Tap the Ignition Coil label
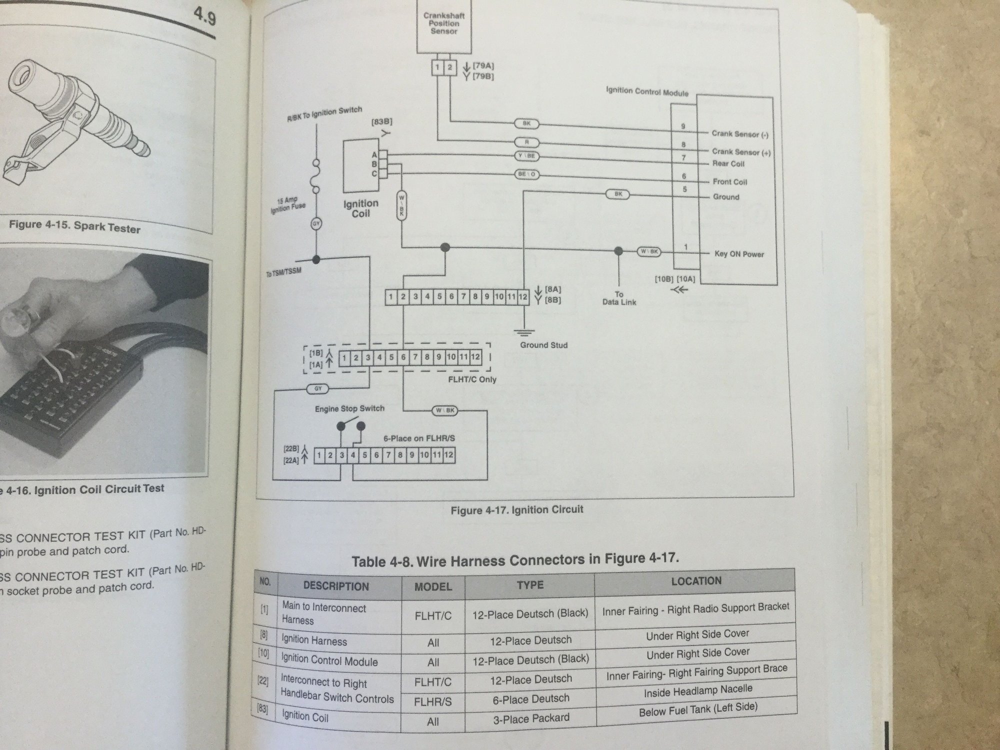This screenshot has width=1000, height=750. click(x=360, y=208)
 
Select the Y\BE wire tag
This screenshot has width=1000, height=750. click(x=526, y=156)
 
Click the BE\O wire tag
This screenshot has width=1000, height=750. click(x=526, y=174)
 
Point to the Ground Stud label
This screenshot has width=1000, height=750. click(x=543, y=345)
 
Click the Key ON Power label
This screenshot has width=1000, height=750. click(x=739, y=254)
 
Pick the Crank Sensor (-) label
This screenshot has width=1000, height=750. click(x=740, y=134)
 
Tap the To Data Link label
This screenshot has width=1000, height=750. click(x=619, y=298)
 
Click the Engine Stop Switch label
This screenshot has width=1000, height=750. click(x=349, y=408)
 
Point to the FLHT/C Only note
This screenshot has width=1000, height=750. click(x=472, y=379)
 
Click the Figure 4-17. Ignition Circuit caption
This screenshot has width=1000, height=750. click(x=516, y=510)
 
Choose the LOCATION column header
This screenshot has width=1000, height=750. click(x=696, y=581)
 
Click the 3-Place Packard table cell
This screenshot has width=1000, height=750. click(x=530, y=718)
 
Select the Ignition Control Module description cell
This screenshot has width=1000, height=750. click(x=329, y=660)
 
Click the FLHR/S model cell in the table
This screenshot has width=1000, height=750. click(x=433, y=702)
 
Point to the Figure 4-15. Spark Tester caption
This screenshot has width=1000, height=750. click(x=74, y=226)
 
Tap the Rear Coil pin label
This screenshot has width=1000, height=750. click(x=728, y=163)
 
